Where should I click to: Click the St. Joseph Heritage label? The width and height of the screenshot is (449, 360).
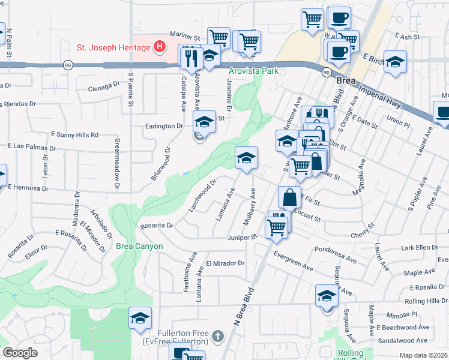113,46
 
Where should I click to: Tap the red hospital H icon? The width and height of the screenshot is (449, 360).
159,46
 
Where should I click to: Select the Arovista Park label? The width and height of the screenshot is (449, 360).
252,71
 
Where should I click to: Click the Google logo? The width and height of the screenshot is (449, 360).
20,353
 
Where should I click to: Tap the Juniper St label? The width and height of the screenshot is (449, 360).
242,237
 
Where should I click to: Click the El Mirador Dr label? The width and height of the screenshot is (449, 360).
225,263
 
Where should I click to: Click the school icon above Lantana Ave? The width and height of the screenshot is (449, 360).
246,158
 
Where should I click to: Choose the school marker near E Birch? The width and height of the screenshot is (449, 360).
395,62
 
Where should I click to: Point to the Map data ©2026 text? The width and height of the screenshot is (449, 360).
424,355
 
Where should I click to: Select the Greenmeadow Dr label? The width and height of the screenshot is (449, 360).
116,166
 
